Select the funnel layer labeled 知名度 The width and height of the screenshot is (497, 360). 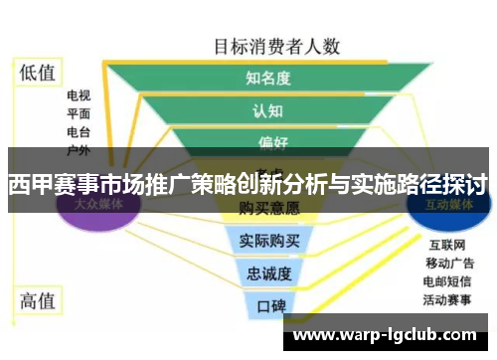(268, 78)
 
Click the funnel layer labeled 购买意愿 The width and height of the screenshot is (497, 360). (269, 209)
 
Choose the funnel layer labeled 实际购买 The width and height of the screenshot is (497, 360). (269, 240)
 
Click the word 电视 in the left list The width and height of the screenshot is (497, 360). (79, 95)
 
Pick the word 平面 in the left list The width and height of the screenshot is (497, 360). (79, 113)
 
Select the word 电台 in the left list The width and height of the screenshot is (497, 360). (79, 131)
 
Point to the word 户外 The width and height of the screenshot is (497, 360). (79, 149)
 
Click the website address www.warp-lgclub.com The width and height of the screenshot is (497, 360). (387, 335)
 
